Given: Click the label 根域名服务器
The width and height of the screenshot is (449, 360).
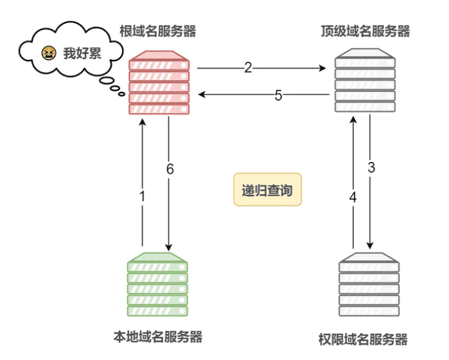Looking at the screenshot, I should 157,30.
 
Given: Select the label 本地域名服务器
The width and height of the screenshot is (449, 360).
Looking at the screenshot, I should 158,336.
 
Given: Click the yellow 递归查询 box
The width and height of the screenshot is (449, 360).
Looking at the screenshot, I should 267,191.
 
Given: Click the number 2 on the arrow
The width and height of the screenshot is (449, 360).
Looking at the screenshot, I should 248,67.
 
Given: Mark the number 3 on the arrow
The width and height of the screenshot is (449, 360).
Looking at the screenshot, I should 371,168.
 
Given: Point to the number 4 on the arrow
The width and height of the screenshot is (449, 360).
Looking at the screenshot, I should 353,197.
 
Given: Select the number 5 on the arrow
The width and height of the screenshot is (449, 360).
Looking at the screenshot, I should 278,95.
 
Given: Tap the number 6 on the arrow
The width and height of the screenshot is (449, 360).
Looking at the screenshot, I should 170,169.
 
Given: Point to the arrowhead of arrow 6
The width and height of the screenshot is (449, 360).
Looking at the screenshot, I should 170,247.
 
